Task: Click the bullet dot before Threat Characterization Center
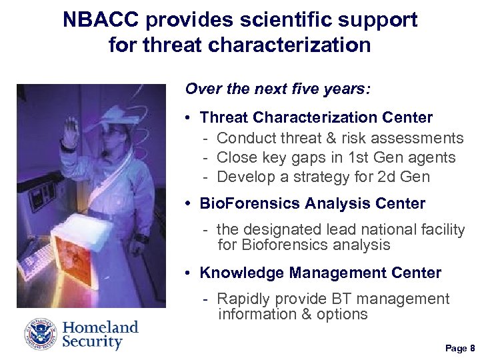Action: [189, 118]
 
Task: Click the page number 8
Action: [471, 348]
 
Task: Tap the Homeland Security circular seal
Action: [41, 335]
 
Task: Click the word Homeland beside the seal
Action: [100, 327]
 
